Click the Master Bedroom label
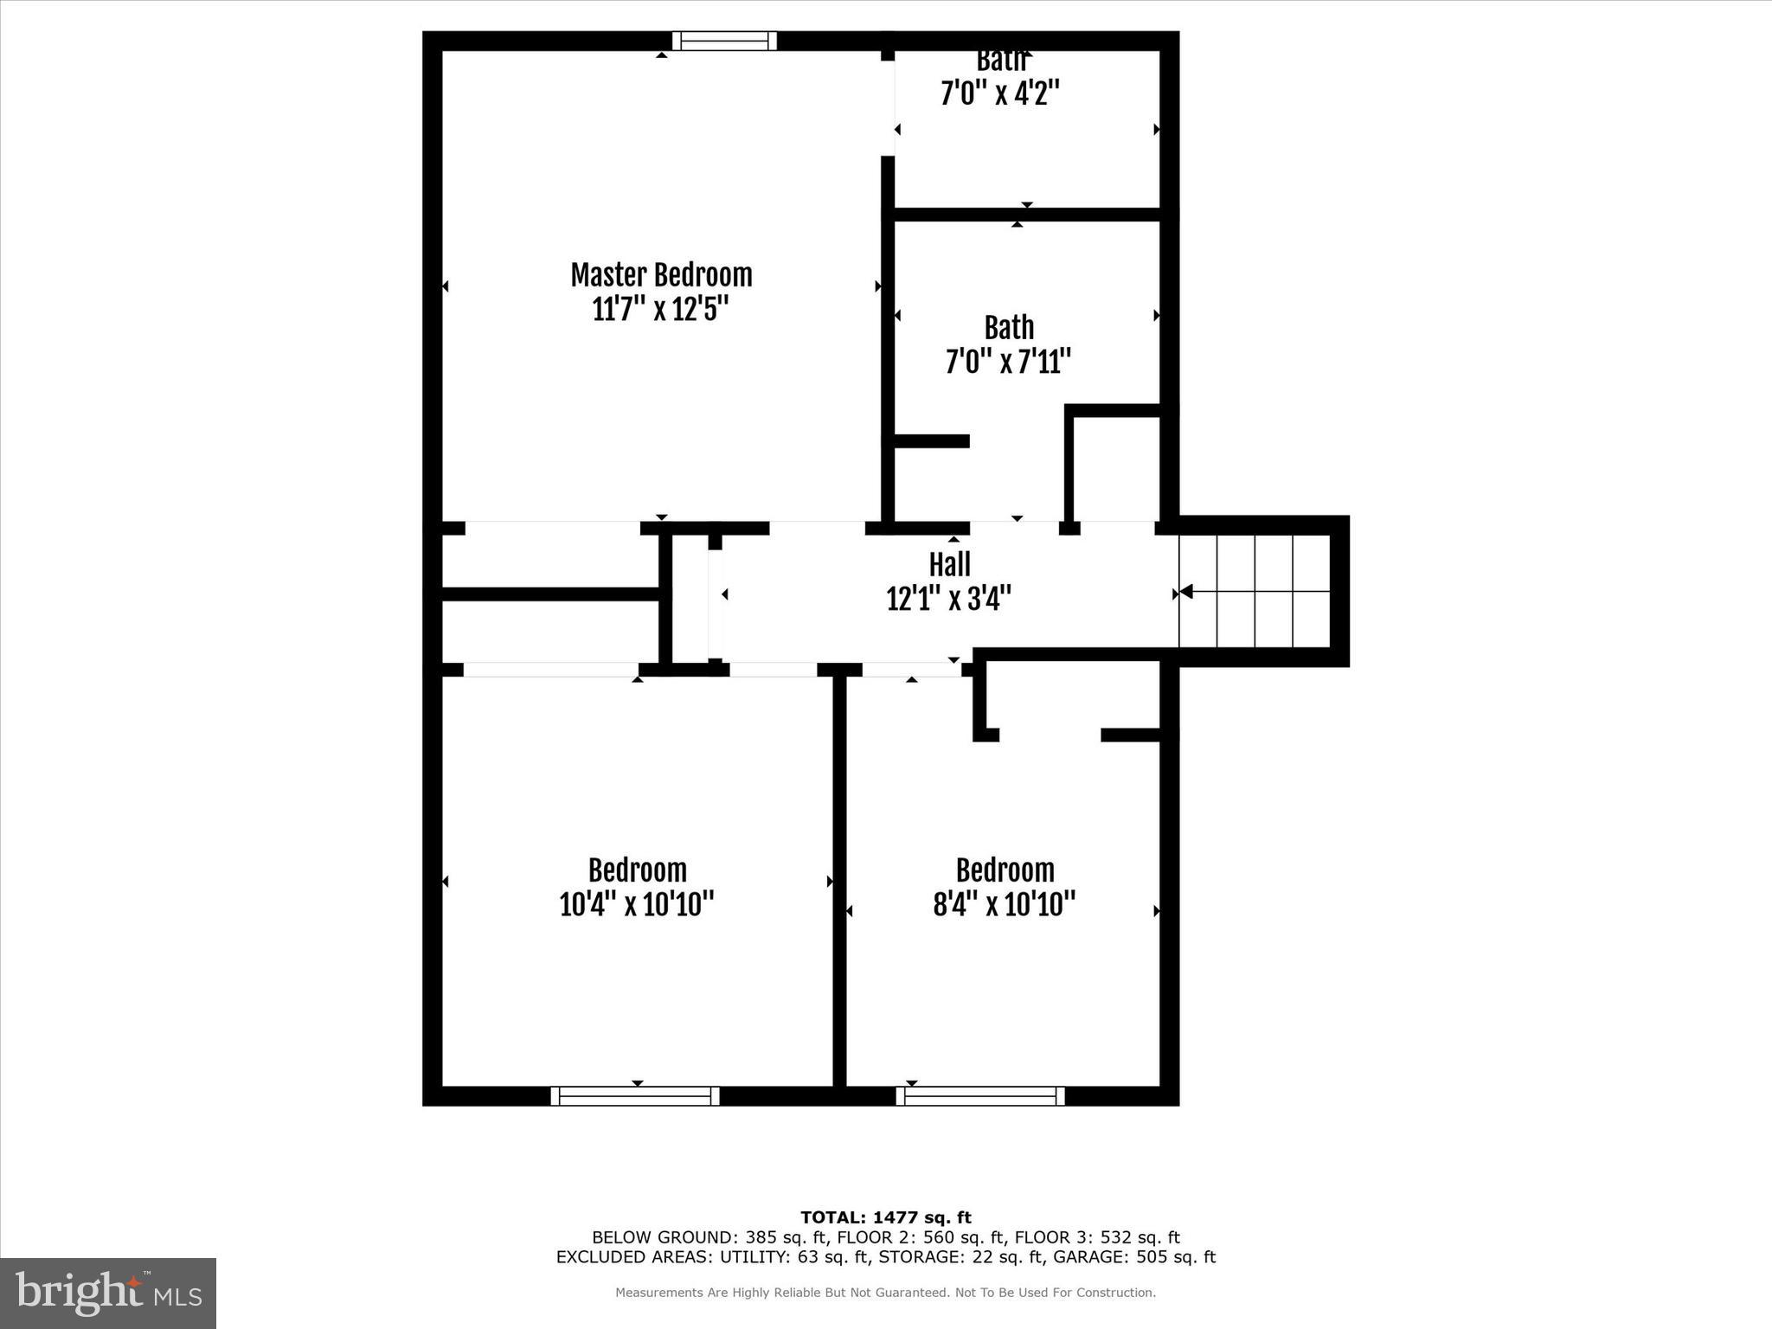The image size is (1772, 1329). click(661, 275)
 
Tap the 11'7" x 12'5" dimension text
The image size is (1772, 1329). click(661, 309)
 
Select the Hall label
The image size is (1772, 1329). click(949, 565)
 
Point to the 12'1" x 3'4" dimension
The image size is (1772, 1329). click(949, 598)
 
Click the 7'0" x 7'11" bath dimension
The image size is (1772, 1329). click(1008, 361)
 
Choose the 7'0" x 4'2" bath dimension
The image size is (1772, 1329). click(1000, 93)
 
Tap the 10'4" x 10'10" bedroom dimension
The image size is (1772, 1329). click(637, 904)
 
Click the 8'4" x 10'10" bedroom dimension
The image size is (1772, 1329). click(1005, 904)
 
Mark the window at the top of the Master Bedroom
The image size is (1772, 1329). click(724, 41)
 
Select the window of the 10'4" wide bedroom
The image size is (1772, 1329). click(635, 1096)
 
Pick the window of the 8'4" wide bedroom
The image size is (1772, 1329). click(980, 1096)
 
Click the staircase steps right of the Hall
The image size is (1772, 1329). click(1255, 592)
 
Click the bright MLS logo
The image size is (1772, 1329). click(108, 1293)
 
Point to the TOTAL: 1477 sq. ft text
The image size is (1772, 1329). click(886, 1218)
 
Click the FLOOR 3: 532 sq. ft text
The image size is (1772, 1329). click(1097, 1237)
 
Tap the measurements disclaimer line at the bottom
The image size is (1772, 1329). click(885, 1293)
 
